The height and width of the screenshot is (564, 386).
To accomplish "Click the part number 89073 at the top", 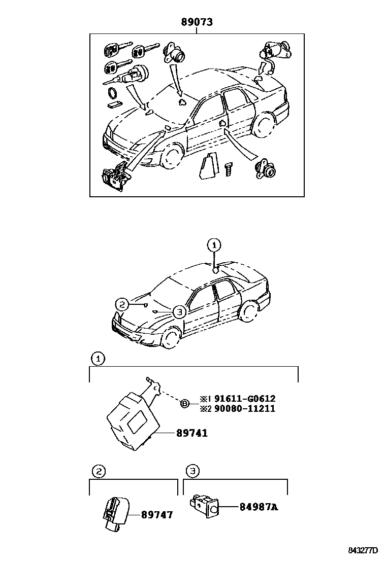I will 197,22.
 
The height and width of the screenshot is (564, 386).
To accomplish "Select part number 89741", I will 192,434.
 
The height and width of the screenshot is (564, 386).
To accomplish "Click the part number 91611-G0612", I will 245,399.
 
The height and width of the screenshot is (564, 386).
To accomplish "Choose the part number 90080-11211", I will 245,408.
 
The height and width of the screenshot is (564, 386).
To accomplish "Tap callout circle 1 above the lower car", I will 214,245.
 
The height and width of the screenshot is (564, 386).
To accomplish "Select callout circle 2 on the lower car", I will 121,304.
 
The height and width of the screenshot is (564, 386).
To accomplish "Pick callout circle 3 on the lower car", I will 178,312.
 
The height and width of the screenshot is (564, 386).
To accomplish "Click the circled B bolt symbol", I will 185,404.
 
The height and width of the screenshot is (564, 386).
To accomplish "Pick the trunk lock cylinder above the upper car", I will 273,52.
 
